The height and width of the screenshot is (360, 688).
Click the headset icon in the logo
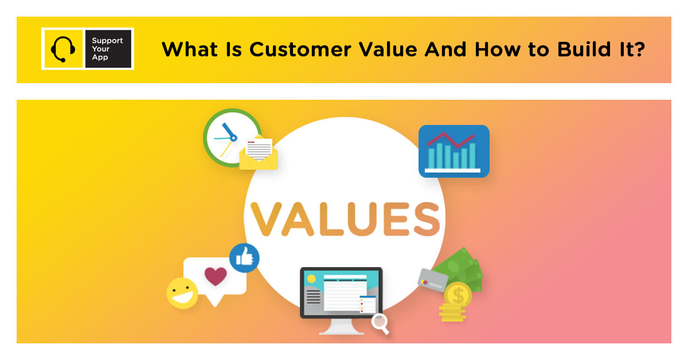point(62,49)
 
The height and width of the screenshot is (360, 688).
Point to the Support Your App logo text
point(108,49)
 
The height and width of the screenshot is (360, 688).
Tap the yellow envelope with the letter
point(259,153)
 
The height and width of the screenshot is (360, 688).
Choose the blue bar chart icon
point(454,151)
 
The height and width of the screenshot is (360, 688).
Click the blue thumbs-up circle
point(244,258)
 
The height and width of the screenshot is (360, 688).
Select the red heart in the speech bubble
point(216,276)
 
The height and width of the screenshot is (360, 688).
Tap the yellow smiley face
point(182,292)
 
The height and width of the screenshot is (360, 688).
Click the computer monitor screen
point(341,292)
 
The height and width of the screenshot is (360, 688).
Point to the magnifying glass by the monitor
point(380,323)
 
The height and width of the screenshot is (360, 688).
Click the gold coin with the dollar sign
point(458,296)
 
